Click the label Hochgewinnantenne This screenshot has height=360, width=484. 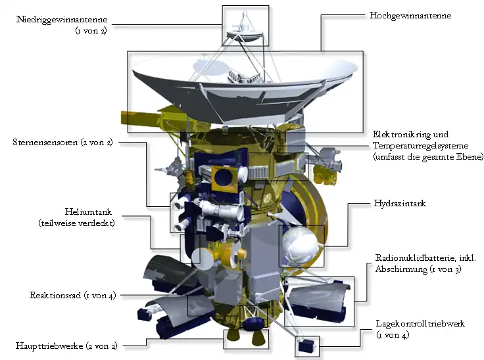(x=410, y=16)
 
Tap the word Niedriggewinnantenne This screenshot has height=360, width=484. (x=62, y=20)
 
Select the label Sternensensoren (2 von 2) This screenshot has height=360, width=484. (x=62, y=142)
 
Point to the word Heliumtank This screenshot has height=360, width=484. (x=88, y=212)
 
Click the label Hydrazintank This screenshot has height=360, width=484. (x=400, y=203)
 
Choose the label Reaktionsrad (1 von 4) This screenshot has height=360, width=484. (x=72, y=295)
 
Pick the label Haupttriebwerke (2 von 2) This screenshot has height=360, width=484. (x=66, y=346)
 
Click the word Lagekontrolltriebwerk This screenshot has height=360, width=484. (x=420, y=324)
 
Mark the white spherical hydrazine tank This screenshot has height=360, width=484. (x=299, y=246)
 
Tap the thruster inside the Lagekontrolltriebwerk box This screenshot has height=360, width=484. (x=306, y=346)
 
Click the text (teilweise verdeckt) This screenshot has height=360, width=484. (x=76, y=223)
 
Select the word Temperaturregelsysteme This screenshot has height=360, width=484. (x=421, y=146)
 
